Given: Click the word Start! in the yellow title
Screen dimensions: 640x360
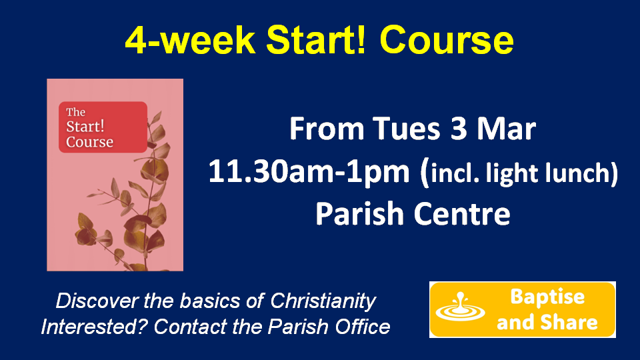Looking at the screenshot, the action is [316, 40].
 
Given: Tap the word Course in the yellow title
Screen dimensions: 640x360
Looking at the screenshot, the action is [447, 41].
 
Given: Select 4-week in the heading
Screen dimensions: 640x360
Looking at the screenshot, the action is [190, 40].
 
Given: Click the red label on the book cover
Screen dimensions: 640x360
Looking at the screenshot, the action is [103, 127].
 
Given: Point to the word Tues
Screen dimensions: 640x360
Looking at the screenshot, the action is [406, 129].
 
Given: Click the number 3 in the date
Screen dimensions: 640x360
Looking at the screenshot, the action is [459, 129].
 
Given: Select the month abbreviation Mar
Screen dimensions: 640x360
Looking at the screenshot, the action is [507, 129].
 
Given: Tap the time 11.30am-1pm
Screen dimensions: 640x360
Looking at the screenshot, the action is [309, 172].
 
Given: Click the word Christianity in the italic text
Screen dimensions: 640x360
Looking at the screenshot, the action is [323, 301].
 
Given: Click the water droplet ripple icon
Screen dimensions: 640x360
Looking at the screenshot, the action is [460, 307].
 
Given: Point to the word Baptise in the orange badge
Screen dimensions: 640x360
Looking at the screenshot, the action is [547, 297].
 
